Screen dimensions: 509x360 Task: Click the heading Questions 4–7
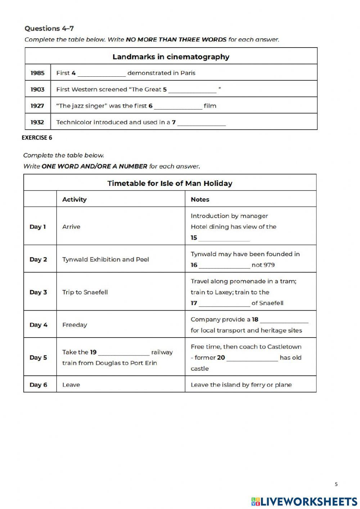(49, 28)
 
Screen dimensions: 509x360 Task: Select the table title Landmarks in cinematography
(171, 57)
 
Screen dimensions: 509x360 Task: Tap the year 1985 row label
(37, 73)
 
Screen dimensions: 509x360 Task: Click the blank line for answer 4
(102, 73)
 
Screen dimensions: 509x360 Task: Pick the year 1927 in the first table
(37, 106)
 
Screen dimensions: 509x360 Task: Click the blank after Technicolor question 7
(201, 123)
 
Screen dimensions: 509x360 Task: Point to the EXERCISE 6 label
(37, 137)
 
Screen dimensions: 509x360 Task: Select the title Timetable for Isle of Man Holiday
(170, 183)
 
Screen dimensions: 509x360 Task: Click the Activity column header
(74, 199)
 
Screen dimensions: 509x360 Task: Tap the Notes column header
(200, 199)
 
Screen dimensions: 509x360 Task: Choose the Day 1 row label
(38, 227)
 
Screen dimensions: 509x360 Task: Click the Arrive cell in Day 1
(71, 227)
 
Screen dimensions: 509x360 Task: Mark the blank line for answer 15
(224, 238)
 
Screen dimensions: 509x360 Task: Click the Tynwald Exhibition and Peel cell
(105, 259)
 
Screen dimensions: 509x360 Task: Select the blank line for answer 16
(224, 265)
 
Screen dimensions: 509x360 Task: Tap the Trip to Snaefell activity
(85, 292)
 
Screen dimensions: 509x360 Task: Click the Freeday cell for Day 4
(75, 325)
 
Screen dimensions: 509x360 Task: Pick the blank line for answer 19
(123, 353)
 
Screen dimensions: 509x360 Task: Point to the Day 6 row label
(38, 385)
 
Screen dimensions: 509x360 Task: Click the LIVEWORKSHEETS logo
(304, 501)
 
